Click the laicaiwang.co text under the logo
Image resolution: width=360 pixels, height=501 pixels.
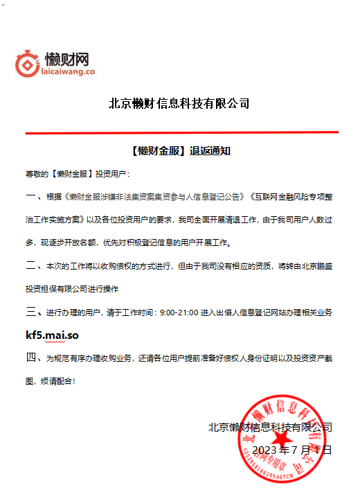coord(68,71)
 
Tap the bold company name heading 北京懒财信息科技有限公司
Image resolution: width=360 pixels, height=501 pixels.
coord(179,104)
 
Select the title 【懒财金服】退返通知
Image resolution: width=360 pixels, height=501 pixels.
coord(179,150)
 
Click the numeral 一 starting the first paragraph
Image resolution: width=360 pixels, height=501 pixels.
coord(30,197)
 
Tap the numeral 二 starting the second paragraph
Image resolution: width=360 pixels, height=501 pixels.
coord(30,266)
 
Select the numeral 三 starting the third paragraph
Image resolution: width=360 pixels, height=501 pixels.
coord(30,313)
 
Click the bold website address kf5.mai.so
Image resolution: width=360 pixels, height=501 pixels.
coord(52,335)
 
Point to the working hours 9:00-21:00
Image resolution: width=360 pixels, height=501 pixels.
coord(183,313)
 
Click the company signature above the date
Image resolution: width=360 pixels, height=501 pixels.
coord(270,427)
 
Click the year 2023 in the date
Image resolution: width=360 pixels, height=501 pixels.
coord(265,450)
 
